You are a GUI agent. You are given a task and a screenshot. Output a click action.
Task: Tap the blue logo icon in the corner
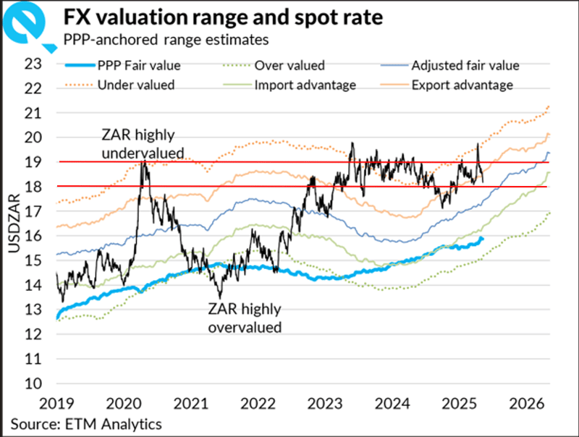tap(27, 24)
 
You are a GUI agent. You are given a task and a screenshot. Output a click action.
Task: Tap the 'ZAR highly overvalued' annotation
tap(244, 319)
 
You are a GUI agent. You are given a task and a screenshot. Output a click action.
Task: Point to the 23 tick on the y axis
tap(33, 64)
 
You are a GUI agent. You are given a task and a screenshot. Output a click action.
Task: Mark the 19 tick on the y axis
tap(33, 162)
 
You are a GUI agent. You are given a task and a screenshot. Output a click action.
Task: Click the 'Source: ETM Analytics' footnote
tap(86, 423)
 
